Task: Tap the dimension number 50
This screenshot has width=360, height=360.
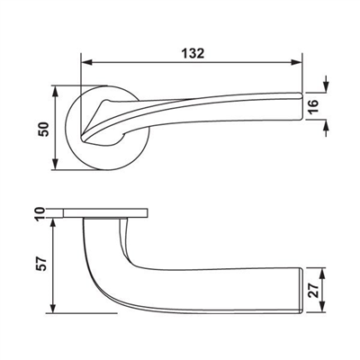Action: click(x=40, y=128)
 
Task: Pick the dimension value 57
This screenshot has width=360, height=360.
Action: click(x=40, y=265)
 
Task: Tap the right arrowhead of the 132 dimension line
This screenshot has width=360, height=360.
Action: click(x=296, y=63)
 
